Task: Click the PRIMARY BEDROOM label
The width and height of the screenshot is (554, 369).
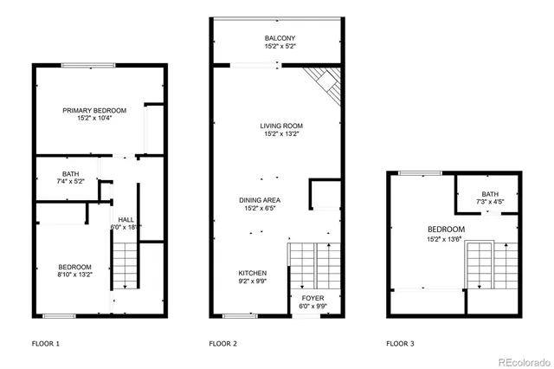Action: pyautogui.click(x=94, y=110)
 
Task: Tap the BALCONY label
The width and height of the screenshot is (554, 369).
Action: pyautogui.click(x=280, y=38)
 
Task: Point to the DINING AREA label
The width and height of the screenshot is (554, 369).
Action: pyautogui.click(x=260, y=200)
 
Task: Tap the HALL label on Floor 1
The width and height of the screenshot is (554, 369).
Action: pyautogui.click(x=126, y=220)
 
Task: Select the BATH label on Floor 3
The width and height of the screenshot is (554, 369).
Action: pyautogui.click(x=490, y=194)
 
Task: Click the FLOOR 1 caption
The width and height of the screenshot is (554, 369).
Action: pyautogui.click(x=46, y=344)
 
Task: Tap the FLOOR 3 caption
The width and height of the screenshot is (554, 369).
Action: pyautogui.click(x=400, y=344)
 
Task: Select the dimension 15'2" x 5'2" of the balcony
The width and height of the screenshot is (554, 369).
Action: pyautogui.click(x=280, y=46)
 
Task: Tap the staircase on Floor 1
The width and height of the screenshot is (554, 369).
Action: pyautogui.click(x=126, y=264)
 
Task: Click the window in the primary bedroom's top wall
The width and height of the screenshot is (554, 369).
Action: pyautogui.click(x=87, y=65)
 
